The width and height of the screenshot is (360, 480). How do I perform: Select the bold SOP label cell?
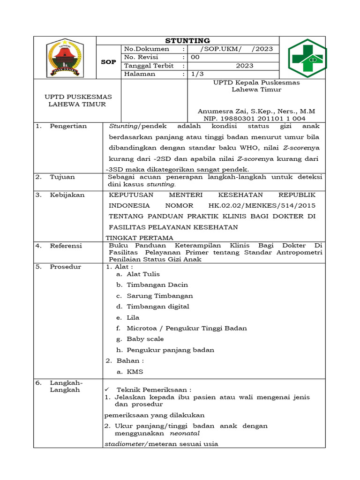click(108, 62)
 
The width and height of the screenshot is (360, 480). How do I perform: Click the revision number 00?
click(195, 57)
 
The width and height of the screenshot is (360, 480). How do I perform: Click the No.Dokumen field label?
click(146, 49)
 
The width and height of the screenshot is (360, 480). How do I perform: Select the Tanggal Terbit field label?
click(149, 66)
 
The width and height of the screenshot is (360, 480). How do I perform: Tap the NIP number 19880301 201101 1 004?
click(256, 119)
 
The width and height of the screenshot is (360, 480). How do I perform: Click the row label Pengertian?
click(68, 126)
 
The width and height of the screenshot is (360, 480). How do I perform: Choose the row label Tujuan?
click(62, 177)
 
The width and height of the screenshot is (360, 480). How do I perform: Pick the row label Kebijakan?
click(67, 195)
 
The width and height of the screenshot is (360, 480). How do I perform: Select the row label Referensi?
click(66, 246)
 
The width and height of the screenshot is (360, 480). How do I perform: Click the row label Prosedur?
click(66, 267)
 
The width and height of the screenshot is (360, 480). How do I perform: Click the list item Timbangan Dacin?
click(157, 285)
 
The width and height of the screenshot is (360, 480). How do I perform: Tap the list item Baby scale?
click(145, 339)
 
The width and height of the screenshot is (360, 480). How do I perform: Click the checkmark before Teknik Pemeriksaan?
click(107, 390)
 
